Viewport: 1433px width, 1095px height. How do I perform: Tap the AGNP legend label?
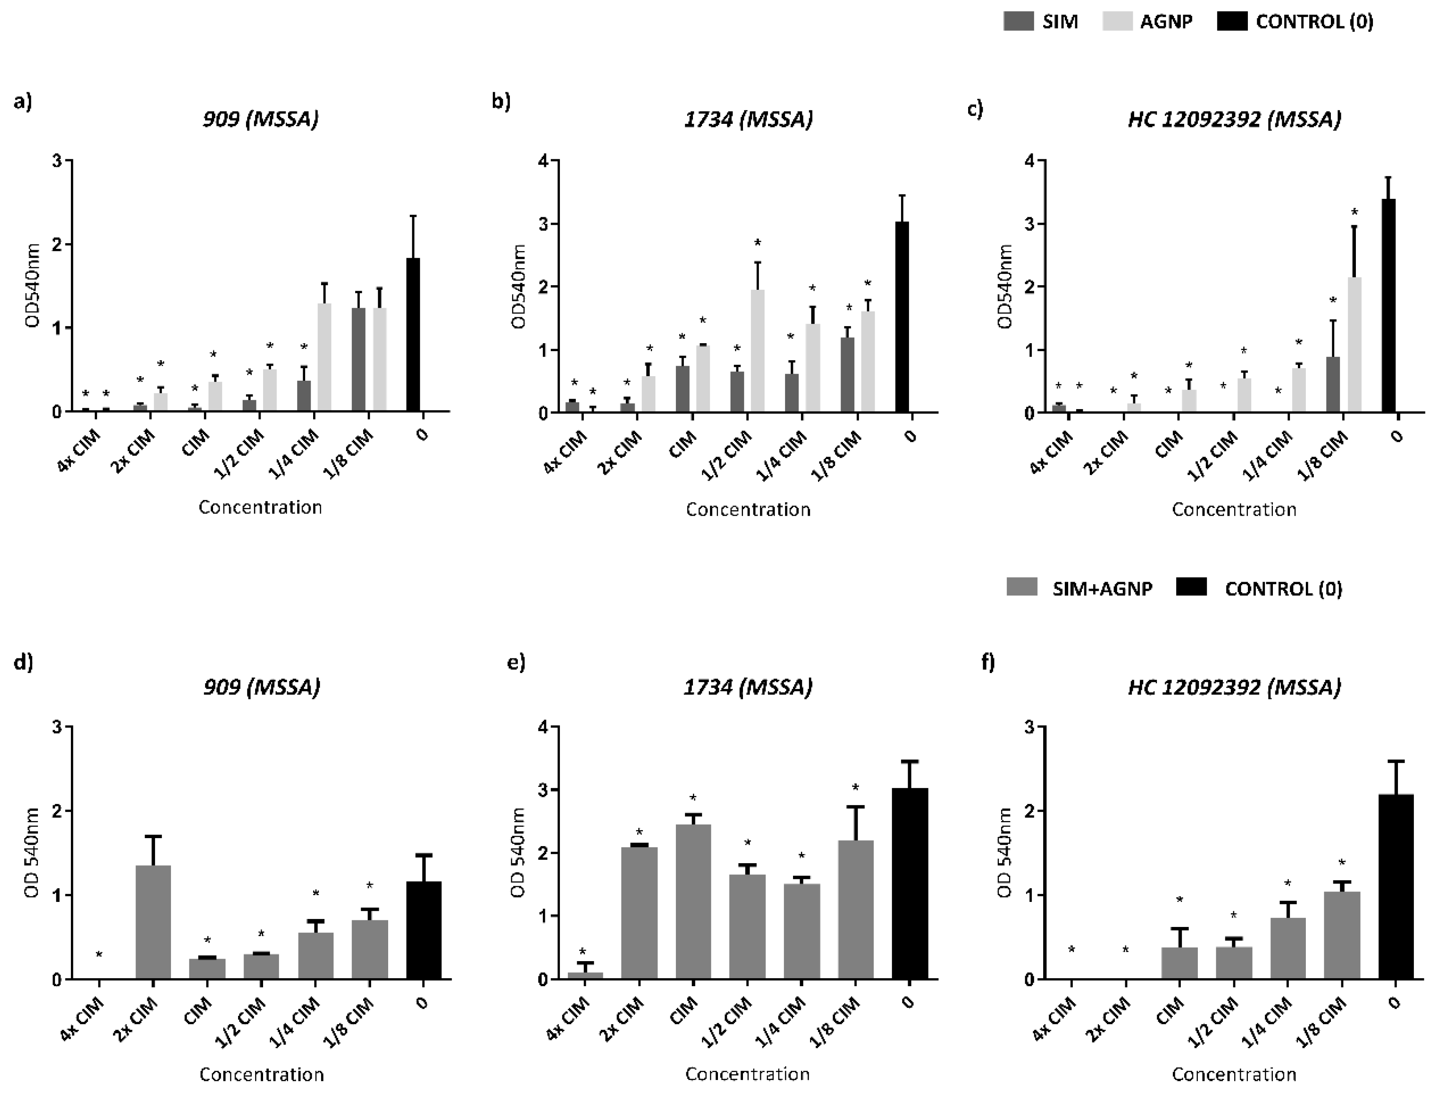pos(1166,22)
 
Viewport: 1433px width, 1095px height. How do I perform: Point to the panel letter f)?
pos(988,663)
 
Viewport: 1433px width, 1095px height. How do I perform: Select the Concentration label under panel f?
pos(1234,1074)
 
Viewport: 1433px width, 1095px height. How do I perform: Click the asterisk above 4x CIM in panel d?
pos(99,955)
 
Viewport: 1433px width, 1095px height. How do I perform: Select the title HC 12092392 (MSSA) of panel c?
pos(1234,119)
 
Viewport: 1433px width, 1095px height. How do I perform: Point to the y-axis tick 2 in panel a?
pos(59,244)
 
